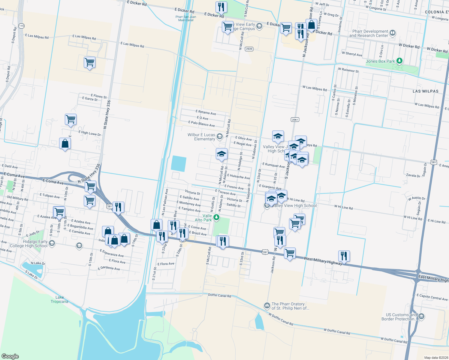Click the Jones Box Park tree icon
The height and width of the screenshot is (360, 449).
pyautogui.click(x=399, y=61)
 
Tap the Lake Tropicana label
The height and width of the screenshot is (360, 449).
pyautogui.click(x=59, y=299)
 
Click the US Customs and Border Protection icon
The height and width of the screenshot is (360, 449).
pyautogui.click(x=421, y=316)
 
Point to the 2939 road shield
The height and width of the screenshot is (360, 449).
pyautogui.click(x=249, y=49)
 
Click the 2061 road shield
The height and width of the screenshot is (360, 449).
pyautogui.click(x=295, y=119)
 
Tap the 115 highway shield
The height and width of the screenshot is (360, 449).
pyautogui.click(x=21, y=26)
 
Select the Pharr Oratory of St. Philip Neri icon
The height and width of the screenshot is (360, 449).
pyautogui.click(x=267, y=306)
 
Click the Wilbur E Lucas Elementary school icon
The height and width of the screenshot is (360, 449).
pyautogui.click(x=219, y=137)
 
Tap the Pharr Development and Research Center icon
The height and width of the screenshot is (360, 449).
pyautogui.click(x=393, y=33)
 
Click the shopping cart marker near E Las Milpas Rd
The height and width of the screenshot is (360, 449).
pyautogui.click(x=90, y=63)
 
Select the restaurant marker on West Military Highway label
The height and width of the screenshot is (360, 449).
pyautogui.click(x=344, y=256)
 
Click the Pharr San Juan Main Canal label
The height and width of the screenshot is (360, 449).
pyautogui.click(x=186, y=18)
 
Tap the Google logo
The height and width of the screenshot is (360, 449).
pyautogui.click(x=10, y=356)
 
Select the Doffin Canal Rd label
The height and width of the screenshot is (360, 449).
pyautogui.click(x=220, y=295)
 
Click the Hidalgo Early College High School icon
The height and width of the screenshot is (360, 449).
pyautogui.click(x=52, y=243)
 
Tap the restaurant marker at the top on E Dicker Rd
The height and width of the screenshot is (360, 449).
pyautogui.click(x=221, y=7)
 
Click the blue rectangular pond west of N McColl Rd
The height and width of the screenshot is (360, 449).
pyautogui.click(x=179, y=164)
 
